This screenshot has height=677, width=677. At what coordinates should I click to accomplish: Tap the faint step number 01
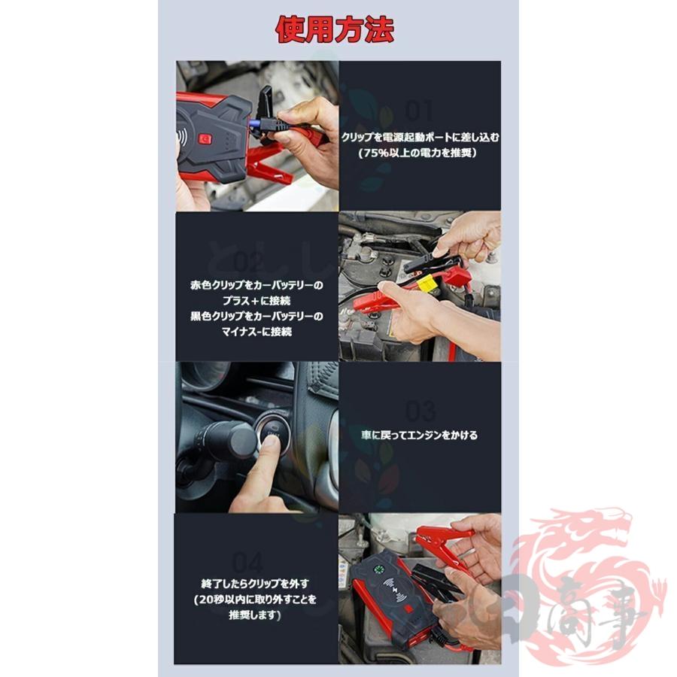tap(419, 111)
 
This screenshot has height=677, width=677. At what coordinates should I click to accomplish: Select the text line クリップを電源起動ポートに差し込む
tap(420, 138)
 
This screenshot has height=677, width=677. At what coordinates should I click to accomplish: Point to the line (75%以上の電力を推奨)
tap(420, 153)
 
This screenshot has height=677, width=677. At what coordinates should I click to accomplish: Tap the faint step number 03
tap(420, 411)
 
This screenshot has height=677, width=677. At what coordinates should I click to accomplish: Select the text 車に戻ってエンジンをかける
tap(419, 435)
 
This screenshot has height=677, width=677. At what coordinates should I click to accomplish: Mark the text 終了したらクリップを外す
tap(256, 583)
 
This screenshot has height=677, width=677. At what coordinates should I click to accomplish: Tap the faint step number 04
tap(247, 562)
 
